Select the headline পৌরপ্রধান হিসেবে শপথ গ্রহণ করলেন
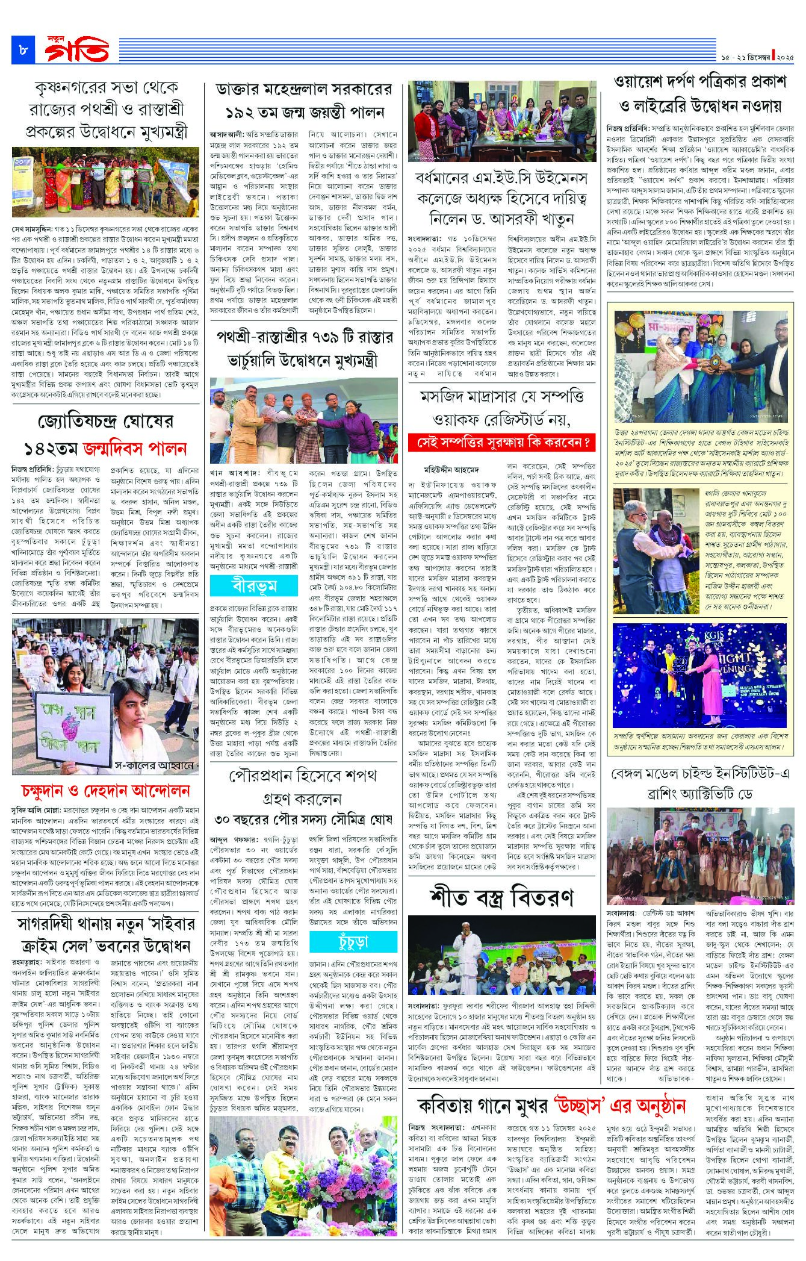click(x=303, y=787)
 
